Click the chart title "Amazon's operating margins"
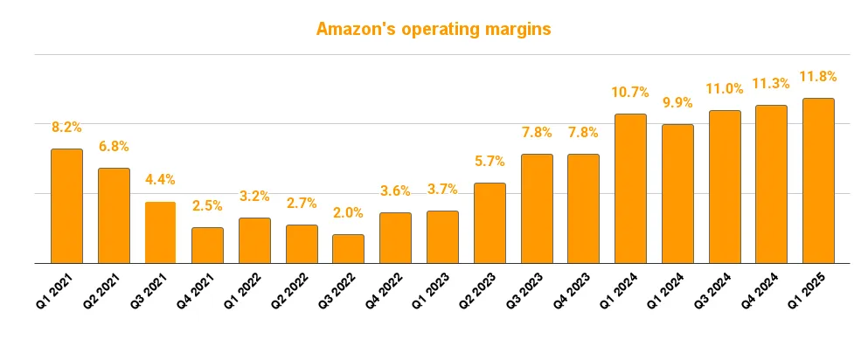click(434, 30)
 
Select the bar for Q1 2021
click(66, 205)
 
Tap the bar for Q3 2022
click(348, 248)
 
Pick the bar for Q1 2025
click(817, 180)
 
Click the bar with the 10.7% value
click(630, 188)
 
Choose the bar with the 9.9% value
click(677, 193)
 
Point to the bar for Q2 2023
click(489, 223)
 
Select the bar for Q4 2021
click(207, 245)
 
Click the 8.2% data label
click(66, 128)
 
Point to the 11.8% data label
click(817, 77)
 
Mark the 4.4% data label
click(160, 180)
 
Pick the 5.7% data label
click(489, 162)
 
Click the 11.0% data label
click(724, 89)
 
